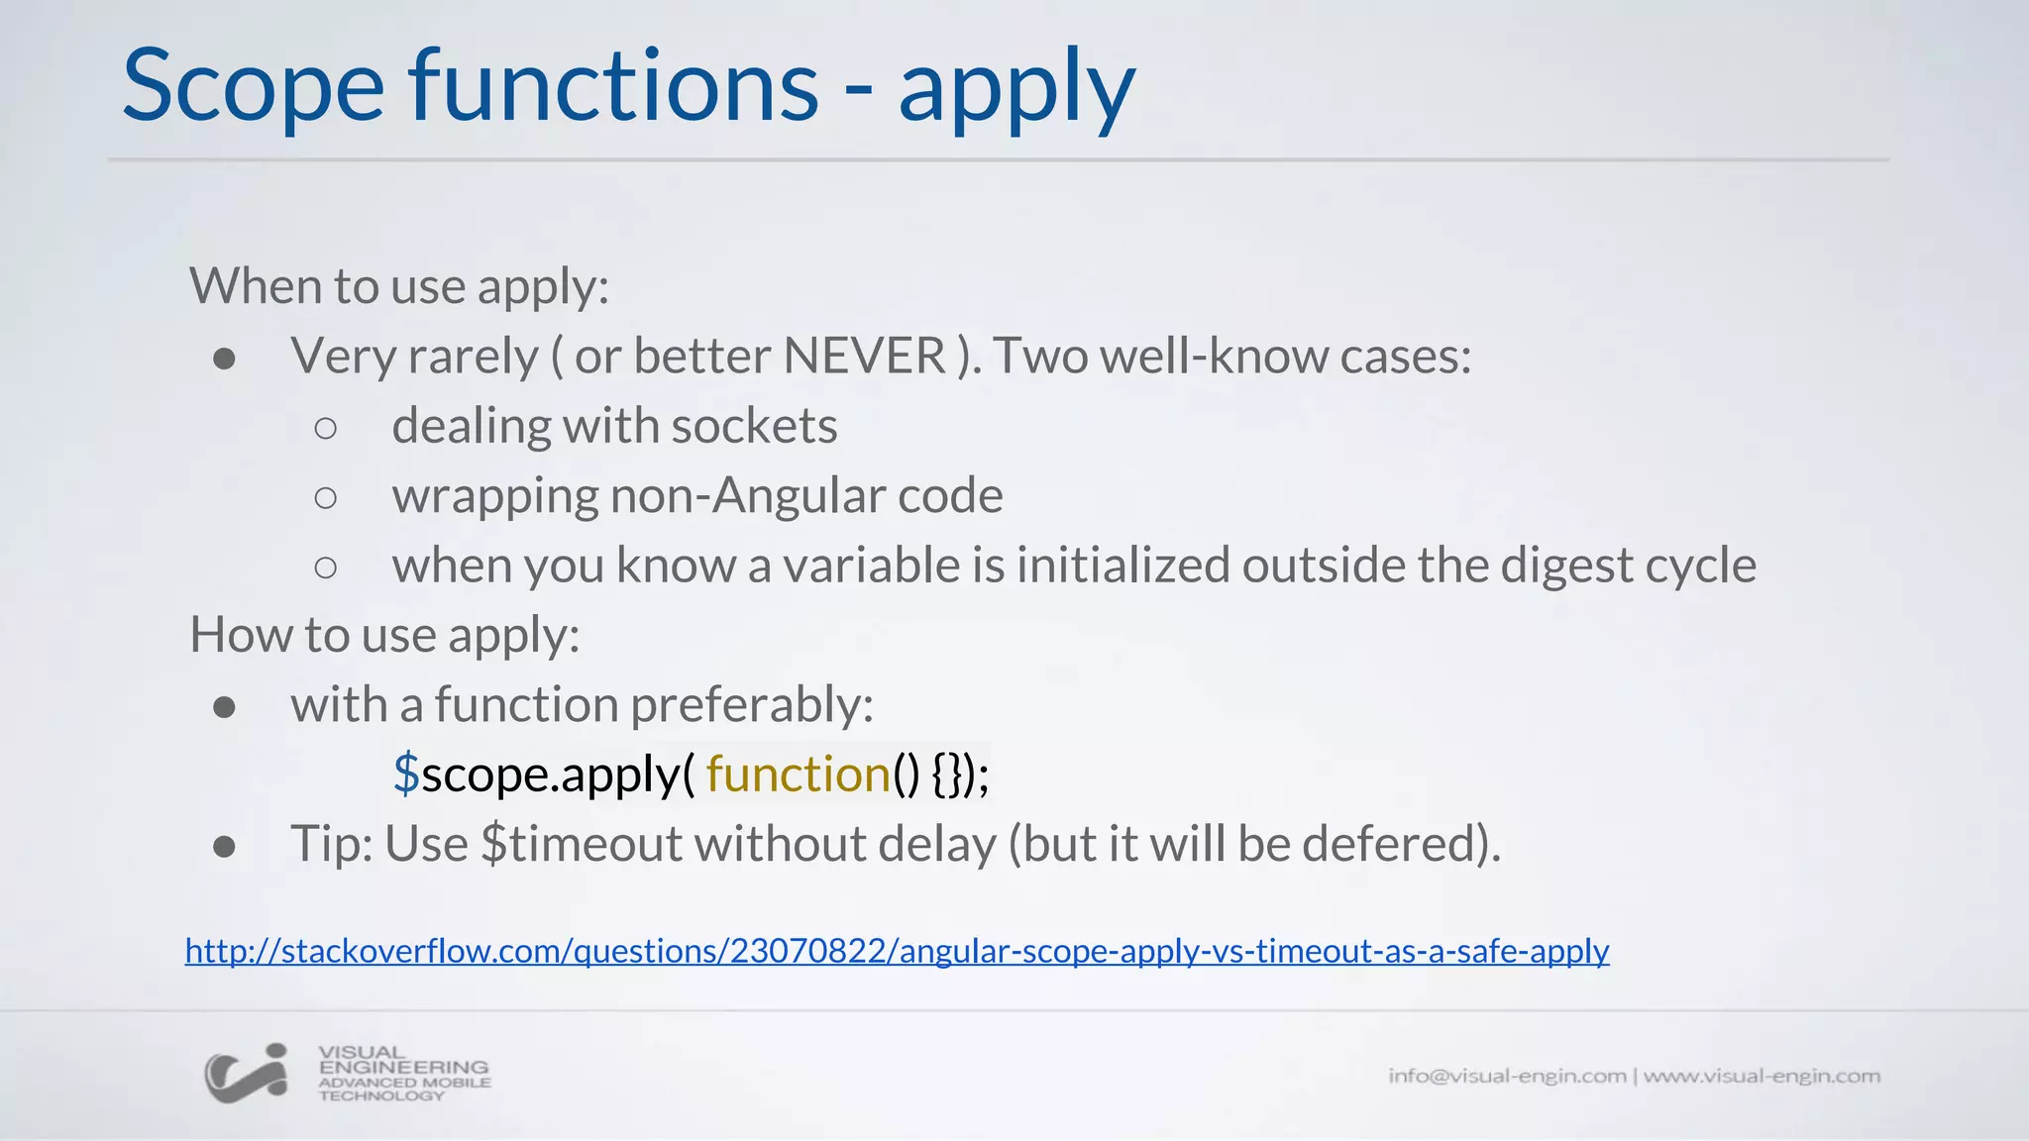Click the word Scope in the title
click(x=253, y=87)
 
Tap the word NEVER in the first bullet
click(x=864, y=356)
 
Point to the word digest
click(x=1566, y=566)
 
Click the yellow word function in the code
click(x=798, y=775)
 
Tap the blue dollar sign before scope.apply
click(x=406, y=775)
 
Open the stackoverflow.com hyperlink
click(x=897, y=951)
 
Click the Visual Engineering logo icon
click(x=247, y=1074)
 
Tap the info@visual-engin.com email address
click(x=1507, y=1076)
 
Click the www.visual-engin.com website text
click(x=1762, y=1076)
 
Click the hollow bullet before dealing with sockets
click(x=326, y=428)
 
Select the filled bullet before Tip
click(x=224, y=847)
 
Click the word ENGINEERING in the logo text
click(x=403, y=1068)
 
